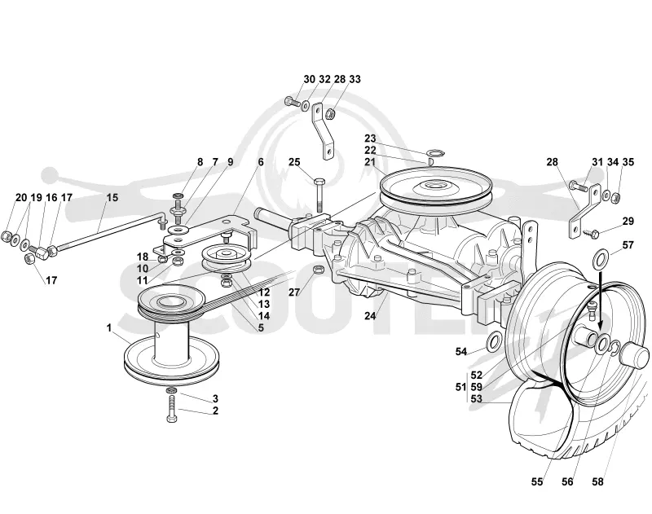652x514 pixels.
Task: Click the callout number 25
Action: click(x=294, y=162)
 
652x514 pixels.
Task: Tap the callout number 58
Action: click(x=597, y=481)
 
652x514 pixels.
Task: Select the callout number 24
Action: click(x=370, y=316)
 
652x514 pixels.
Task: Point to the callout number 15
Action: click(x=112, y=197)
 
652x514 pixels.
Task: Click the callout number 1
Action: click(x=109, y=328)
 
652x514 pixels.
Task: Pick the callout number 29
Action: click(x=628, y=221)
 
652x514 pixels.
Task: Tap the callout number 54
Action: click(x=460, y=352)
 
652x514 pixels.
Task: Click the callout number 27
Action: click(x=294, y=292)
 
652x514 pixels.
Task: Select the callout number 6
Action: click(x=261, y=162)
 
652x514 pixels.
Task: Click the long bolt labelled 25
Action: click(x=319, y=195)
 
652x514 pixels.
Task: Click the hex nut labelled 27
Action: click(x=317, y=270)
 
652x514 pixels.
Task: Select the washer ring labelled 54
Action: click(x=493, y=342)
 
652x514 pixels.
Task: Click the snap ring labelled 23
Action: click(x=436, y=152)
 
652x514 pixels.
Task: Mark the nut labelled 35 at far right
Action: click(x=617, y=197)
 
